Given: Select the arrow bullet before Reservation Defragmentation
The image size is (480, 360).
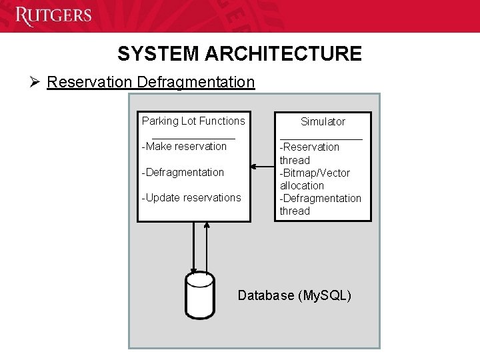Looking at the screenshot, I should tap(35, 82).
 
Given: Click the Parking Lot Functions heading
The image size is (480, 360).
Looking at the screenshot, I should tap(193, 121).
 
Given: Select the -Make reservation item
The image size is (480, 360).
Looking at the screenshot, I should tap(185, 146).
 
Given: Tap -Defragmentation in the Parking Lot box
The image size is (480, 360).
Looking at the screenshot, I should tap(183, 172).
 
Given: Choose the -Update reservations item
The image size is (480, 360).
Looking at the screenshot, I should tap(191, 197).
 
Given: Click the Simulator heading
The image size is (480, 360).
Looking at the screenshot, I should tap(323, 121).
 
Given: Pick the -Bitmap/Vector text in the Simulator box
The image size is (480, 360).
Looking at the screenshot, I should tap(315, 173).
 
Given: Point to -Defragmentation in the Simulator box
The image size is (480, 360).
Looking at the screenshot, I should tap(320, 198).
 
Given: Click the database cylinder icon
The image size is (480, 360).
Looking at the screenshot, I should tap(199, 294).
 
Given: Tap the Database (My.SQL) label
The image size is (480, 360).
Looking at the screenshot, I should tap(294, 295).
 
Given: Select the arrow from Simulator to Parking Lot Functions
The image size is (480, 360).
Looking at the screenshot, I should tap(263, 167).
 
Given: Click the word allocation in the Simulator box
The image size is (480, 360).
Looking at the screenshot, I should tap(302, 185).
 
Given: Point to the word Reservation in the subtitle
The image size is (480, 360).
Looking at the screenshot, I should tap(90, 82).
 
